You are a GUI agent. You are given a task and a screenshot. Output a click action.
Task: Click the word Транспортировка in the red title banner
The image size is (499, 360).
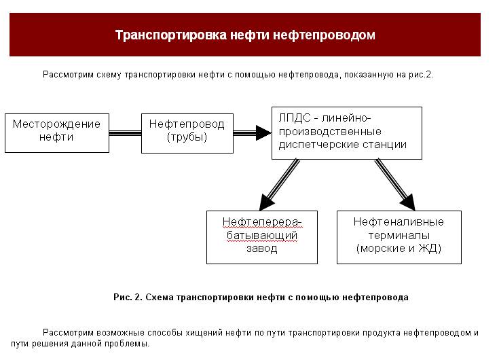pos(171,35)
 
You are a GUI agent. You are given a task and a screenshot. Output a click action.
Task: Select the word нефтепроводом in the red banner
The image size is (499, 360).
pos(324,35)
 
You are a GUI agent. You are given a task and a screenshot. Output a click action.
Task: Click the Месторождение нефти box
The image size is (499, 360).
pos(57,133)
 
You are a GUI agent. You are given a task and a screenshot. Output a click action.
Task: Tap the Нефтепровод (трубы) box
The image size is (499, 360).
pos(187,133)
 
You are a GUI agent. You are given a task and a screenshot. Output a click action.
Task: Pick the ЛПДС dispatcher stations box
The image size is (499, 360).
pos(347,133)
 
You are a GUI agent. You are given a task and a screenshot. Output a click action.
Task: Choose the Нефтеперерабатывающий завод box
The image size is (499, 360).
pos(262,237)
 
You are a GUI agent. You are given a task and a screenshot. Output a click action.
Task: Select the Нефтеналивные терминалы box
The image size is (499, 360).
pos(399,237)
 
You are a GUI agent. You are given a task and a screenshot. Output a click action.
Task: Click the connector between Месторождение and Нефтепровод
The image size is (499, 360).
pos(125,133)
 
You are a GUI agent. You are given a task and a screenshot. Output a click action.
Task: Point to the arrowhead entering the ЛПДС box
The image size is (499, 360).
pos(263,132)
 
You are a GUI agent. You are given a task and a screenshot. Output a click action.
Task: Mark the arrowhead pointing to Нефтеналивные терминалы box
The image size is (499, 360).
pos(409,202)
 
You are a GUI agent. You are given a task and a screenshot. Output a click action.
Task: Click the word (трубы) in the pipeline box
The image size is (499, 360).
pos(187,137)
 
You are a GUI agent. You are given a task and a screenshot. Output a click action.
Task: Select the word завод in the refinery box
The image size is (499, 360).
pos(262,249)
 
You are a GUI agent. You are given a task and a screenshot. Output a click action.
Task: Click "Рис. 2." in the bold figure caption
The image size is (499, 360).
pos(128,298)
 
